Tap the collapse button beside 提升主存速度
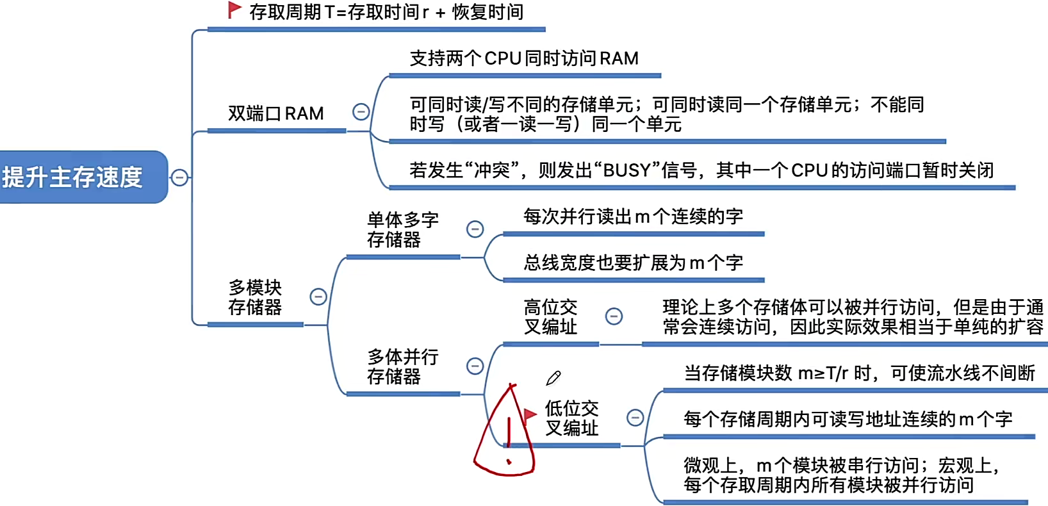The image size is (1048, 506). click(x=180, y=177)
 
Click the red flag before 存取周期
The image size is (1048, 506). click(x=234, y=10)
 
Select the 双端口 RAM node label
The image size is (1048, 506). click(x=275, y=113)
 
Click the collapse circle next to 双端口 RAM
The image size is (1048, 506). click(x=361, y=112)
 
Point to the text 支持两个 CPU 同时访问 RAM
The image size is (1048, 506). click(x=523, y=59)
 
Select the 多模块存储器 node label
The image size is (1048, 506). click(x=255, y=297)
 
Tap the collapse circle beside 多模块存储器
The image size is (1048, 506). click(x=318, y=297)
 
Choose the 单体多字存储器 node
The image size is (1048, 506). click(x=402, y=230)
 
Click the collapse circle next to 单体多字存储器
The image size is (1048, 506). click(x=475, y=229)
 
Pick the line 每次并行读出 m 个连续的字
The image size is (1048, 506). click(x=632, y=216)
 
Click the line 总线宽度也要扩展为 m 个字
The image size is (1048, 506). click(x=632, y=263)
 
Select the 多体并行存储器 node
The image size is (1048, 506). click(x=402, y=366)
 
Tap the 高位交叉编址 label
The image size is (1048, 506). click(x=550, y=317)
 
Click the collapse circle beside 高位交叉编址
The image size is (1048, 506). click(x=614, y=316)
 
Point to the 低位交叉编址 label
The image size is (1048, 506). click(x=571, y=418)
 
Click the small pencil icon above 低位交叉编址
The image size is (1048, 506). click(x=553, y=378)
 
